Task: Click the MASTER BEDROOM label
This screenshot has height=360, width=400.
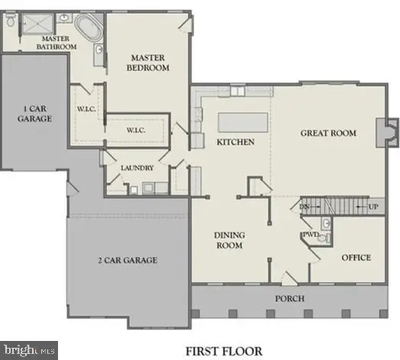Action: tap(149, 64)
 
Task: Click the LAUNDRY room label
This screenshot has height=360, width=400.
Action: tap(137, 168)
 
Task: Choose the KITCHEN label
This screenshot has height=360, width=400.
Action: tap(236, 143)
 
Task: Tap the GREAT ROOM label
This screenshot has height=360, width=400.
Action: tap(328, 133)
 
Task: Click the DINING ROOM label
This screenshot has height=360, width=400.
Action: tap(228, 240)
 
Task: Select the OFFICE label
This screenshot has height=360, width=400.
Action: tap(355, 258)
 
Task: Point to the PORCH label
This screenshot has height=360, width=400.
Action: tap(290, 297)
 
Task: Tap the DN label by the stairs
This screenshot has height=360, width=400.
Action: tap(304, 206)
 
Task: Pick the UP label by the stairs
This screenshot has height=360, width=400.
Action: tap(373, 207)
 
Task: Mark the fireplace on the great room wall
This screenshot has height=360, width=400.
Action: tap(389, 133)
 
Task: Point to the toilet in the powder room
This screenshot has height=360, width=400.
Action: tap(323, 238)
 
